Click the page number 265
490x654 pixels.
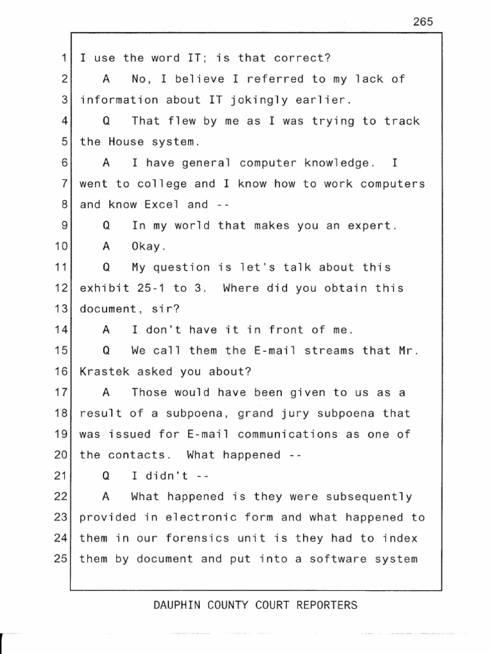[x=422, y=22]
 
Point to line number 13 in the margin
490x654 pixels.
[x=61, y=309]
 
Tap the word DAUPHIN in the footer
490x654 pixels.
[x=177, y=605]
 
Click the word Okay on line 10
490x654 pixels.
[x=149, y=247]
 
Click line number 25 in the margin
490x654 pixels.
[x=61, y=559]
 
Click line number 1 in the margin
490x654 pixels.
[x=64, y=59]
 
